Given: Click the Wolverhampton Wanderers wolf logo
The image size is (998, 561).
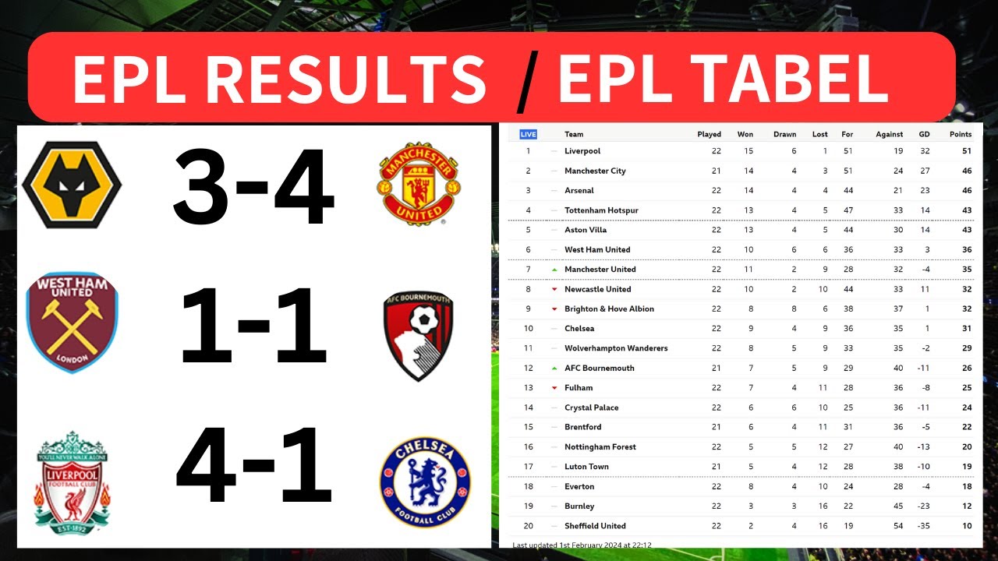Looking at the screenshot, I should [72, 185].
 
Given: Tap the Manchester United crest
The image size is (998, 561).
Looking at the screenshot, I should [419, 184].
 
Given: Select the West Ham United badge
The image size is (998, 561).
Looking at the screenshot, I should [72, 323].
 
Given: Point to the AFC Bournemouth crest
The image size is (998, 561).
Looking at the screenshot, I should [419, 325].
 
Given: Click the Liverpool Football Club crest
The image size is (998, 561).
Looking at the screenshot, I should [72, 482].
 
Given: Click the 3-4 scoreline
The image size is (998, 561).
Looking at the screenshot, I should [253, 189].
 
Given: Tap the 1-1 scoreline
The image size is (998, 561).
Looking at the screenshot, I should [253, 325].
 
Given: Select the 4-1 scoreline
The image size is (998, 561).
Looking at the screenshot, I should [253, 466].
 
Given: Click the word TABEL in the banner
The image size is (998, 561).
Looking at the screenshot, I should [723, 79].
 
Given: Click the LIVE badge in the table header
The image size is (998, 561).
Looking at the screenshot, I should [528, 134].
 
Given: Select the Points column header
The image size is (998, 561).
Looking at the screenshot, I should [961, 134].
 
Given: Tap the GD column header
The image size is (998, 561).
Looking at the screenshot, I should [925, 134].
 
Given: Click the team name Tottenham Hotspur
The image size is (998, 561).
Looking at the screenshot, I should [601, 210].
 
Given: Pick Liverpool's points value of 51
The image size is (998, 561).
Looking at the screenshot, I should [966, 151].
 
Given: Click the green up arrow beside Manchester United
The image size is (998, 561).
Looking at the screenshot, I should [554, 270].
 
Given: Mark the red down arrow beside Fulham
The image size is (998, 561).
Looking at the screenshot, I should [554, 388].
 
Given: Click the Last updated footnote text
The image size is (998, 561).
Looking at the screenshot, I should [582, 545].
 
